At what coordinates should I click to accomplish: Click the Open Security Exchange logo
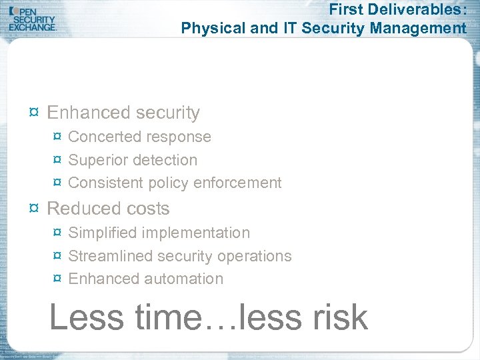33,18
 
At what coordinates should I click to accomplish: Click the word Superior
98,160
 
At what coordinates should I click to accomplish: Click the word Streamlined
109,256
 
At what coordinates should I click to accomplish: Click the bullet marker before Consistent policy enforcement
57,183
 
